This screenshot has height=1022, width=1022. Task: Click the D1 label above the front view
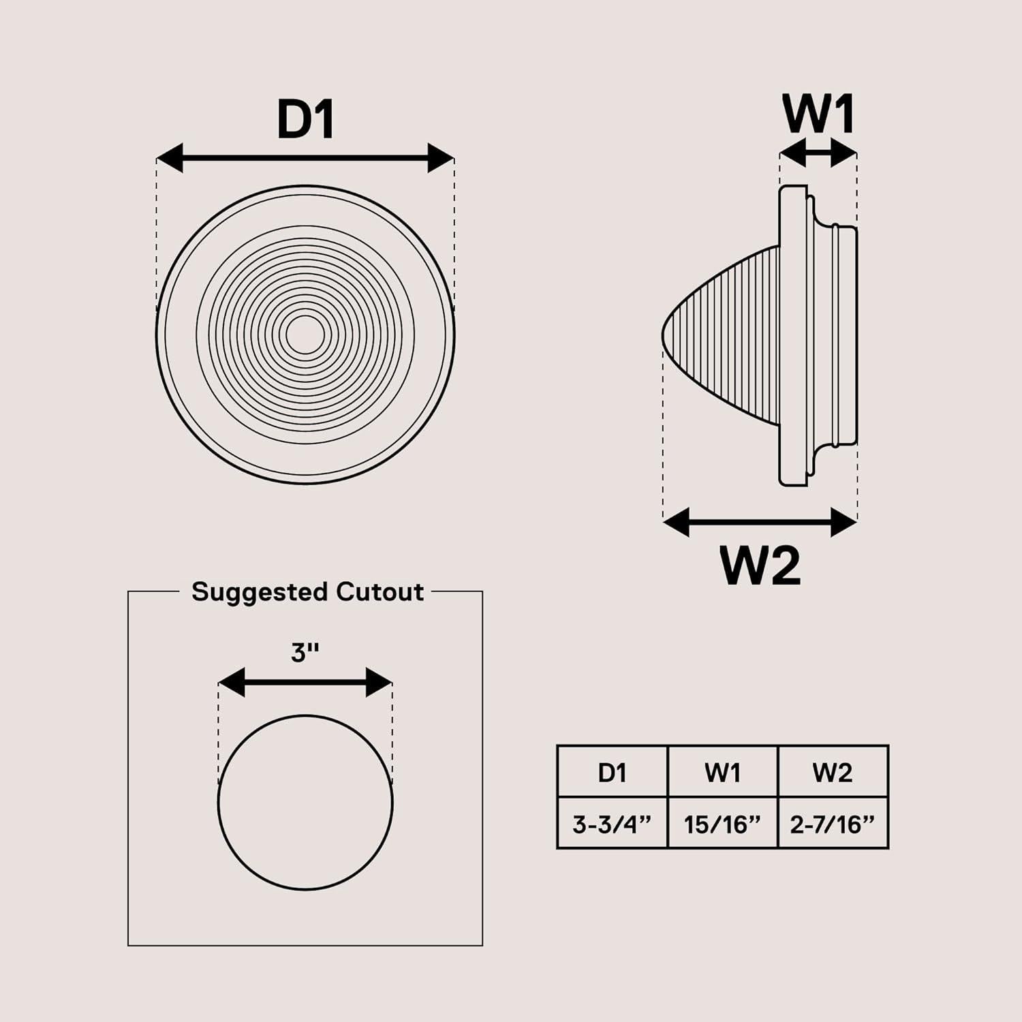(x=306, y=120)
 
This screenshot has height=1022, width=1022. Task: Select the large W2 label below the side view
(x=760, y=565)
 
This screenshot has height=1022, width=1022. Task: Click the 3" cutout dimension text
(x=305, y=653)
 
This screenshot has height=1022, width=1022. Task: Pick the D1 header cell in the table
(x=612, y=772)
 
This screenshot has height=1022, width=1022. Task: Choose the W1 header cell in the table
(x=722, y=772)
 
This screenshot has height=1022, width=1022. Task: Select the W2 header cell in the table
(x=833, y=772)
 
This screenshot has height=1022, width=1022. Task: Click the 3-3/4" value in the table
(x=612, y=824)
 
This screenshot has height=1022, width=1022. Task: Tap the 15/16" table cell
(x=722, y=824)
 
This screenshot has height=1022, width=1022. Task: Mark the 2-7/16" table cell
(x=833, y=824)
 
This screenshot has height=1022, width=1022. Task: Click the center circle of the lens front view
(x=305, y=335)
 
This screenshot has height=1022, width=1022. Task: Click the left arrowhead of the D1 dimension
(x=170, y=158)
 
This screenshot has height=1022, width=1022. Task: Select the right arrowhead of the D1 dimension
(x=441, y=158)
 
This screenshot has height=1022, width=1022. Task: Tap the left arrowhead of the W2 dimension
(x=676, y=523)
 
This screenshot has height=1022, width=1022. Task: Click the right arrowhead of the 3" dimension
(x=380, y=682)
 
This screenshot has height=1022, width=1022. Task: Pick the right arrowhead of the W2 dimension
(x=844, y=523)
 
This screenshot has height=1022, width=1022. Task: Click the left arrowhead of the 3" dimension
(x=232, y=682)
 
